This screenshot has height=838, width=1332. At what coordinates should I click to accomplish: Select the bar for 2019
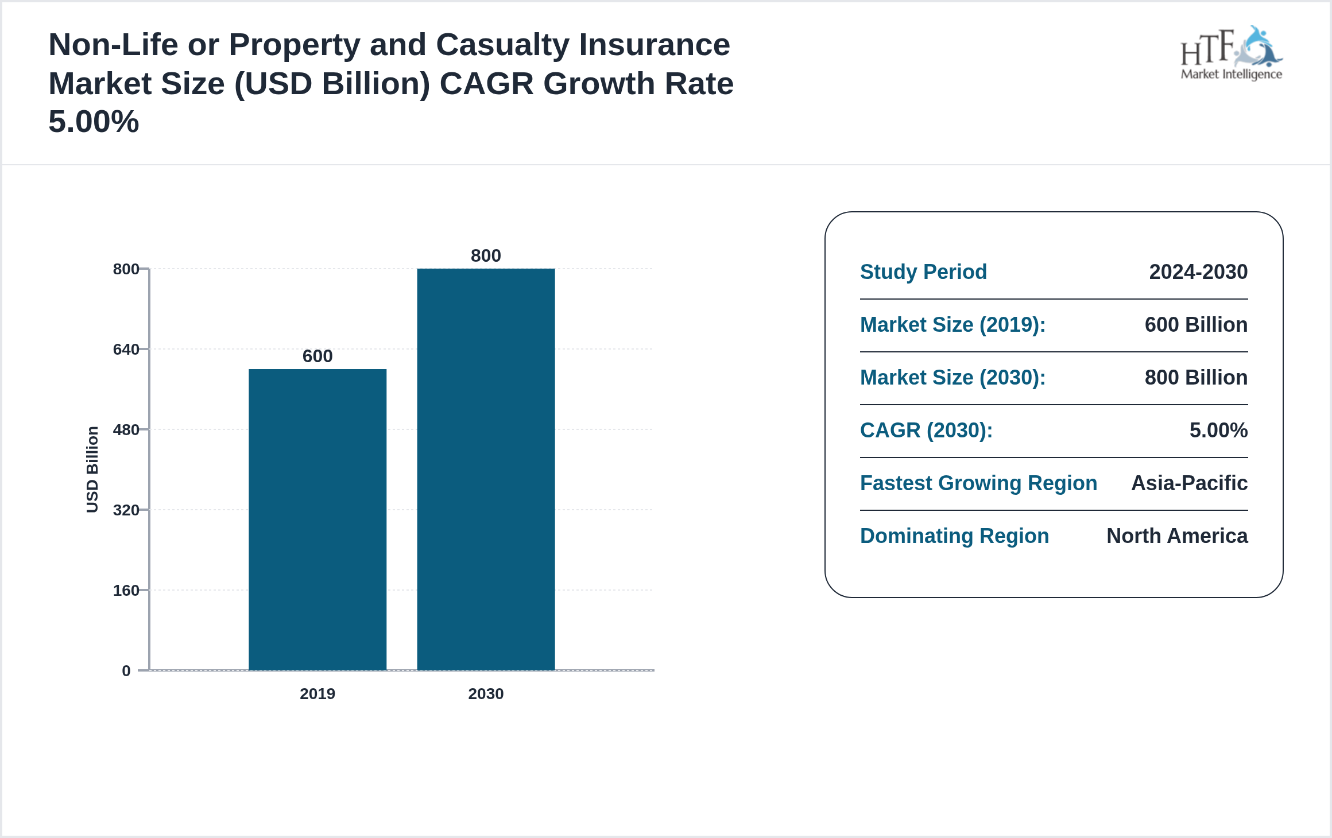pyautogui.click(x=317, y=519)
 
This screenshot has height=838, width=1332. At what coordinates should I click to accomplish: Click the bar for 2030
pyautogui.click(x=486, y=469)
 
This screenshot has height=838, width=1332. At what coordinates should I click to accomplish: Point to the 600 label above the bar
pyautogui.click(x=317, y=356)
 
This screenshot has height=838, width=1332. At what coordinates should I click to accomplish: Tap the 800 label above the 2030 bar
pyautogui.click(x=486, y=255)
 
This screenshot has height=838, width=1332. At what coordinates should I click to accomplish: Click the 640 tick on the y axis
pyautogui.click(x=126, y=349)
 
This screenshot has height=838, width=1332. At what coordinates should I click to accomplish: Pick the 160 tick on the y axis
pyautogui.click(x=126, y=590)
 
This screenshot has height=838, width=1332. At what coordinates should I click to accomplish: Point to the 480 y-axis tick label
pyautogui.click(x=126, y=429)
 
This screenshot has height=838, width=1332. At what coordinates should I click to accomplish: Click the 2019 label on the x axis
pyautogui.click(x=317, y=693)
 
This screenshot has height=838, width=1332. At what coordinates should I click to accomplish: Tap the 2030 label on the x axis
pyautogui.click(x=486, y=693)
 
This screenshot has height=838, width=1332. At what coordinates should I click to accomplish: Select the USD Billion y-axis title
pyautogui.click(x=92, y=469)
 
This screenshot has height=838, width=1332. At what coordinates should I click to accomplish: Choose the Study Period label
pyautogui.click(x=923, y=271)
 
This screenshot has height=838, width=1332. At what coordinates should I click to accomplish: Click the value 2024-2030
pyautogui.click(x=1198, y=271)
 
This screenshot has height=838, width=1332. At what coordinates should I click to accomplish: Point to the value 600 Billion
pyautogui.click(x=1196, y=324)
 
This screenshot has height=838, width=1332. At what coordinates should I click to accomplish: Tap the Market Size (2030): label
pyautogui.click(x=952, y=377)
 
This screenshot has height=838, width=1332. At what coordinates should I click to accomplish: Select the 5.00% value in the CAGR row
pyautogui.click(x=1218, y=430)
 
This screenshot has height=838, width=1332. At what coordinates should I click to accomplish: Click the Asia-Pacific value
pyautogui.click(x=1189, y=483)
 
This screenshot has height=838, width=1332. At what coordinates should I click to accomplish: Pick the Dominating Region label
pyautogui.click(x=954, y=536)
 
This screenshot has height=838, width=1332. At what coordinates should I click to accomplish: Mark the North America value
pyautogui.click(x=1177, y=536)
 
